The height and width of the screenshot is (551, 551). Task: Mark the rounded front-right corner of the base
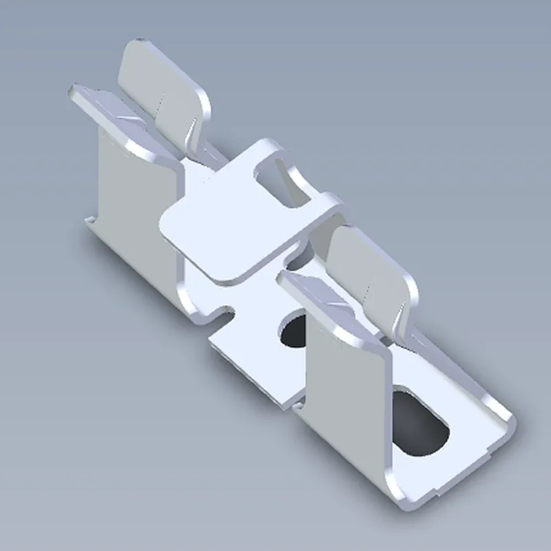(x=506, y=420)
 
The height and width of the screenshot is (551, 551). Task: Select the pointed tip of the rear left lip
(x=72, y=90)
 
